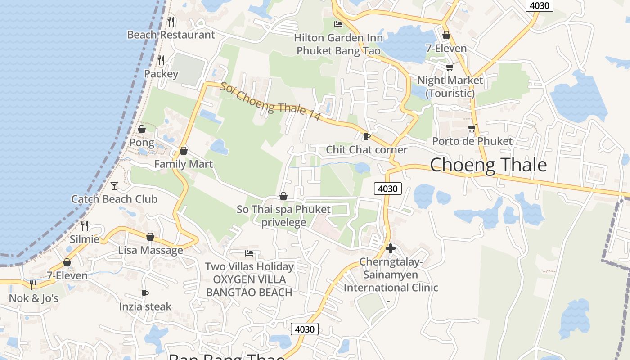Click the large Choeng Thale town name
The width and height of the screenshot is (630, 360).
(x=488, y=165)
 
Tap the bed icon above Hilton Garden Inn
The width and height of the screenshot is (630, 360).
(x=338, y=24)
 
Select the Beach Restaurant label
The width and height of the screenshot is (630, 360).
(x=171, y=35)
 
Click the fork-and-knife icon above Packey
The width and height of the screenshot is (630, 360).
(x=161, y=59)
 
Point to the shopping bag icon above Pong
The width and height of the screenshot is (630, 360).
(x=142, y=129)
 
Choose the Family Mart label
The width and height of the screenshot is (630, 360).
(x=184, y=164)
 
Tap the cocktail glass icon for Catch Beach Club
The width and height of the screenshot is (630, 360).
(x=114, y=185)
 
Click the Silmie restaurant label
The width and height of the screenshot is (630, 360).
(x=85, y=239)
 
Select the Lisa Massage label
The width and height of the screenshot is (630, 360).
(x=151, y=250)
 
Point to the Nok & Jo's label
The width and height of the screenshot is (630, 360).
(x=34, y=298)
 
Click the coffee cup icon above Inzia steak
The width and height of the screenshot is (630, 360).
(x=145, y=293)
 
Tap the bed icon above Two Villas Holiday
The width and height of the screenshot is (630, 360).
(x=249, y=253)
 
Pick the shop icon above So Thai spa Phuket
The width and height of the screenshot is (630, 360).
(x=283, y=196)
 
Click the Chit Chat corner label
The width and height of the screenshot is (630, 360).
(x=367, y=149)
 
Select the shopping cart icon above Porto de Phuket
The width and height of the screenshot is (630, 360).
(x=472, y=128)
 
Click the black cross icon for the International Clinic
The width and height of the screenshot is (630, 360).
(x=391, y=248)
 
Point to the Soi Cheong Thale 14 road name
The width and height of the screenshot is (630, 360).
(x=270, y=101)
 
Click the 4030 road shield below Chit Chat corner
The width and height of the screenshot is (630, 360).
(x=387, y=189)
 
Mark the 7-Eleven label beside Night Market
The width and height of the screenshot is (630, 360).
(x=446, y=48)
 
